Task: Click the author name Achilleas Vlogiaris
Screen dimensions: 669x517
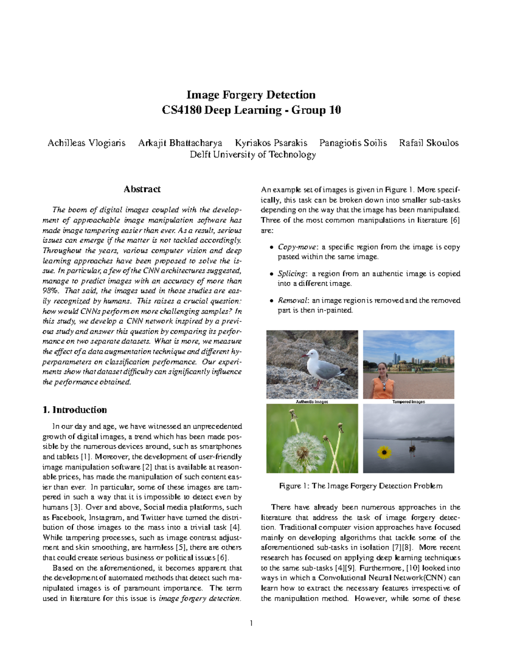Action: pyautogui.click(x=86, y=143)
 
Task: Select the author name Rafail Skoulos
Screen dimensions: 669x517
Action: pyautogui.click(x=429, y=143)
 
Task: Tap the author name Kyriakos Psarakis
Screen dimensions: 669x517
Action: pyautogui.click(x=271, y=143)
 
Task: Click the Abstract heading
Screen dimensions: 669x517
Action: pyautogui.click(x=142, y=189)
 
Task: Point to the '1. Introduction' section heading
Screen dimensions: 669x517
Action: pyautogui.click(x=75, y=410)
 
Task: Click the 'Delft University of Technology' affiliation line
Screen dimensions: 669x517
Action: pyautogui.click(x=253, y=154)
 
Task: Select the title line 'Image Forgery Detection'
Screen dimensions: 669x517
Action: pyautogui.click(x=251, y=95)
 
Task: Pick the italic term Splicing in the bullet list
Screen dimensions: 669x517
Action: pyautogui.click(x=292, y=274)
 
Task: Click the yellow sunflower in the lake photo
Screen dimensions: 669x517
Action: pyautogui.click(x=383, y=452)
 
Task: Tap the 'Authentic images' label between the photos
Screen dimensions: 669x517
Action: pyautogui.click(x=312, y=401)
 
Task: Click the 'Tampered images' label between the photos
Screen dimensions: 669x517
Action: pyautogui.click(x=408, y=401)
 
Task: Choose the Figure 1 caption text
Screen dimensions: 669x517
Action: pyautogui.click(x=361, y=486)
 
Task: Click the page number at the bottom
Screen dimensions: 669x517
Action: pyautogui.click(x=251, y=623)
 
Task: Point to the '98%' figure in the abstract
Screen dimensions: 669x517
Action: pyautogui.click(x=50, y=291)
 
